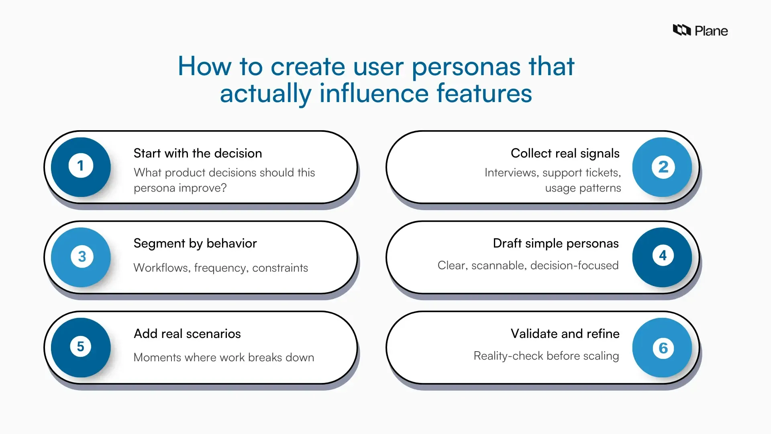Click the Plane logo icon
coord(681,30)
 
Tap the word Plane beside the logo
coord(711,31)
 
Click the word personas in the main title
coord(466,66)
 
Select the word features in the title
coord(484,93)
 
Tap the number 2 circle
coord(663,167)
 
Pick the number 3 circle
coord(82,257)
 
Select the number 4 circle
coord(662,256)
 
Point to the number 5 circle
coord(81,347)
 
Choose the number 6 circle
coord(663,348)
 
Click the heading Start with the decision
coord(198,154)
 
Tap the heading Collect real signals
coord(565,154)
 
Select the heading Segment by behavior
coord(195,244)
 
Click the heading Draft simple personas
coord(556,244)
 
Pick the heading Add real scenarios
coord(187,334)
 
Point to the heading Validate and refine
coord(565,334)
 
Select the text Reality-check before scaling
coord(546,356)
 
